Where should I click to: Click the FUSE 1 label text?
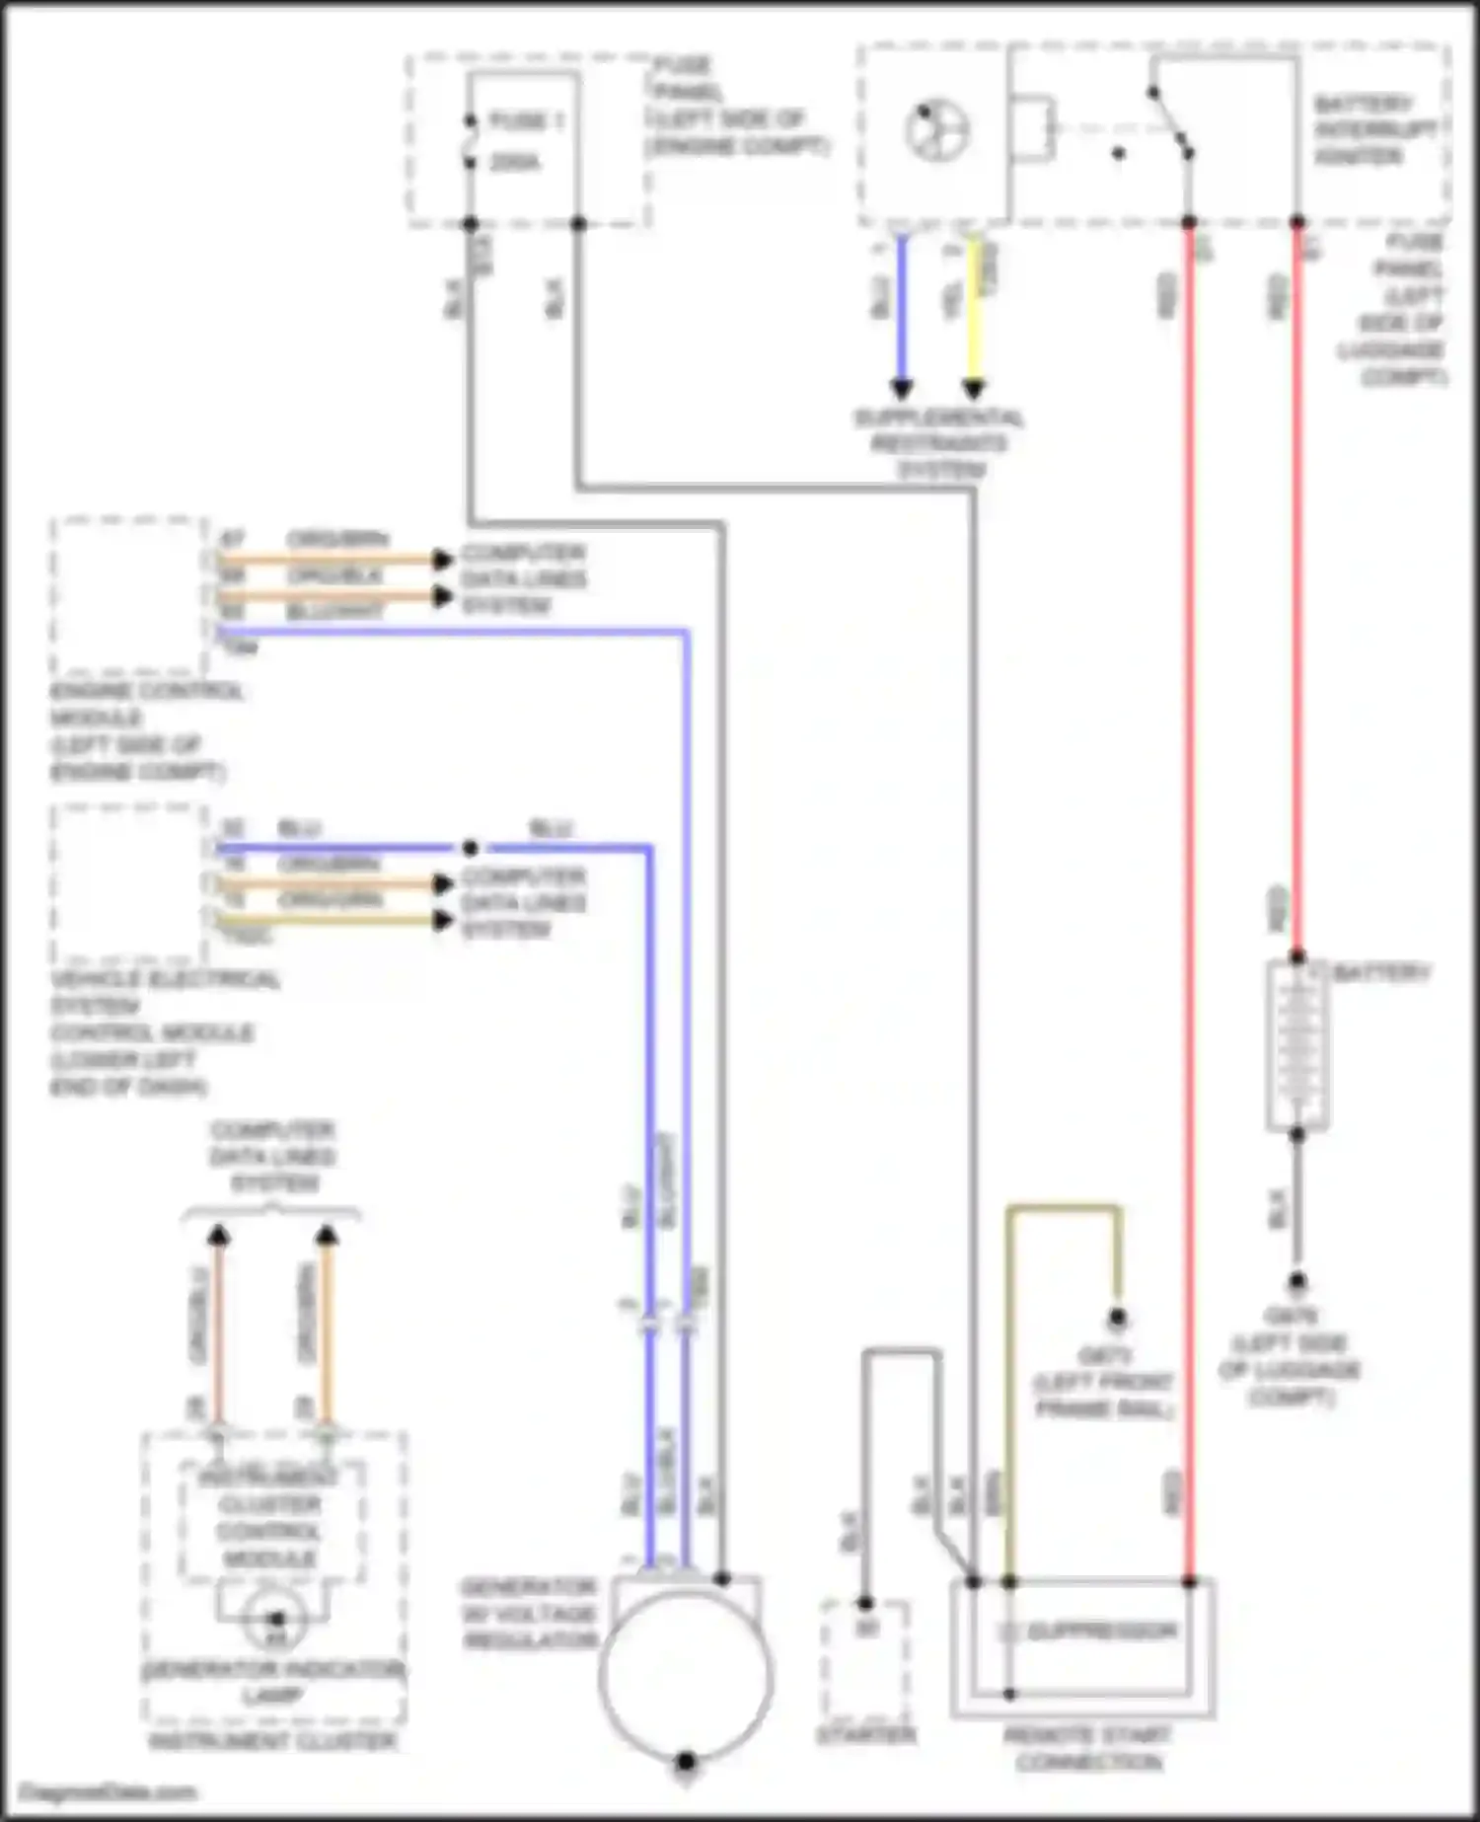[x=526, y=121]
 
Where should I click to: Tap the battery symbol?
[x=1296, y=1045]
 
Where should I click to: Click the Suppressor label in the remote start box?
[x=1100, y=1632]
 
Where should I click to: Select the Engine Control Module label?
[x=145, y=730]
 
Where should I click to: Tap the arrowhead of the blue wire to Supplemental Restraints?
[x=901, y=388]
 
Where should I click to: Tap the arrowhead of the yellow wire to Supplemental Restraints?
[x=974, y=388]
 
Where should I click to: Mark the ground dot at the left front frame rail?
[x=1117, y=1317]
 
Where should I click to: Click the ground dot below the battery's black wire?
[x=1296, y=1282]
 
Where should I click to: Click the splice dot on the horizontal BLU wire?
[x=471, y=848]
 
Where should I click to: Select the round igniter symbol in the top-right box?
[x=937, y=130]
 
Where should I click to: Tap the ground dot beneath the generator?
[x=686, y=1762]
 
